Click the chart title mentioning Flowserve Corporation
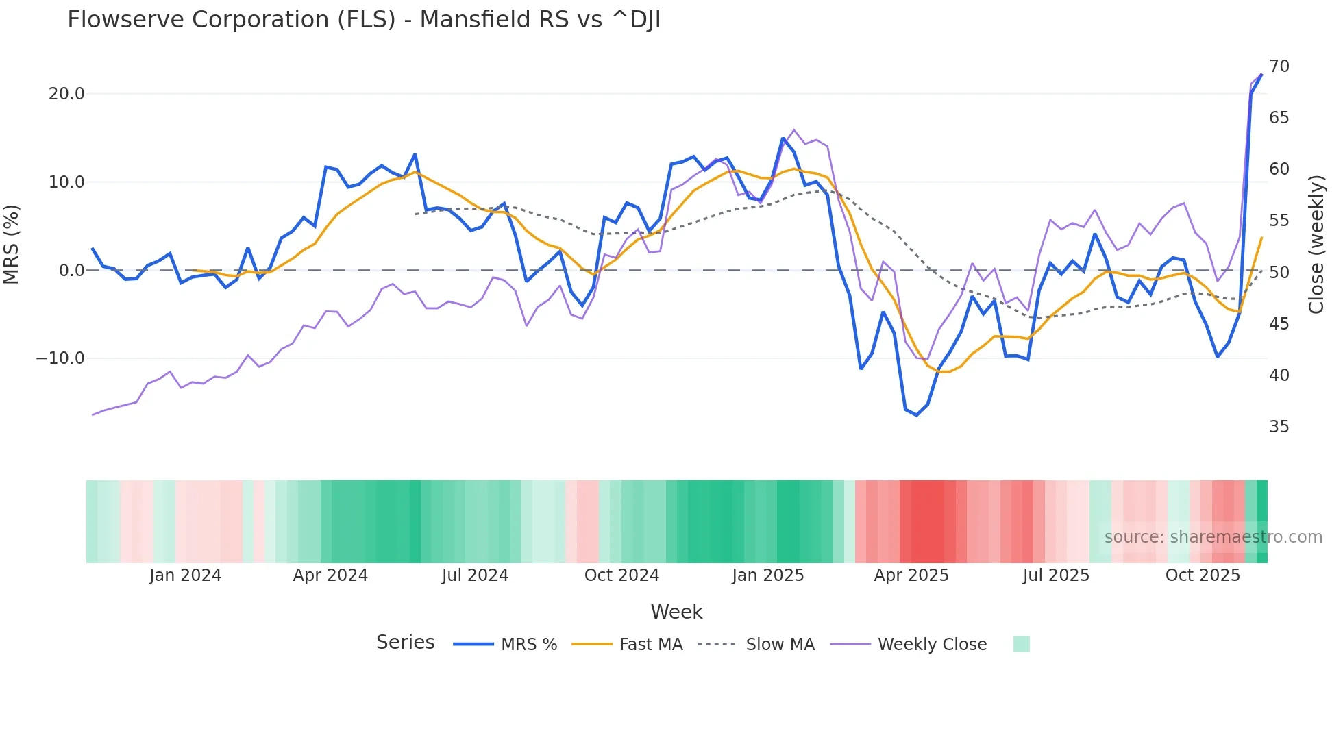pyautogui.click(x=364, y=20)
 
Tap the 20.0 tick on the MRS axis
pyautogui.click(x=66, y=94)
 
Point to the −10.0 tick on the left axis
pyautogui.click(x=60, y=358)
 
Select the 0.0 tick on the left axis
pyautogui.click(x=72, y=271)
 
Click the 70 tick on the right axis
pyautogui.click(x=1279, y=66)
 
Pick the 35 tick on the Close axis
pyautogui.click(x=1279, y=427)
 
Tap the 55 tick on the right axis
pyautogui.click(x=1279, y=221)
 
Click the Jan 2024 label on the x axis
pyautogui.click(x=185, y=575)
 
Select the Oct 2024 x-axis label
pyautogui.click(x=621, y=575)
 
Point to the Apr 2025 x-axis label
pyautogui.click(x=911, y=575)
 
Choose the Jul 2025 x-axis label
pyautogui.click(x=1056, y=575)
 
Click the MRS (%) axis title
pyautogui.click(x=12, y=245)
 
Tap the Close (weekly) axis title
pyautogui.click(x=1316, y=245)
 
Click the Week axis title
pyautogui.click(x=676, y=612)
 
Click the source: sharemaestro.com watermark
pyautogui.click(x=1213, y=537)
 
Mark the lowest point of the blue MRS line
pyautogui.click(x=917, y=415)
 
